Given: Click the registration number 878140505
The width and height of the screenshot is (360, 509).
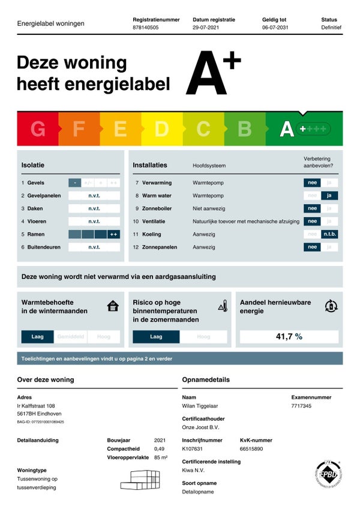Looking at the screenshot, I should tap(145, 28).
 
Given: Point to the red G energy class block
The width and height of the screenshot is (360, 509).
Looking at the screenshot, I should tap(38, 129).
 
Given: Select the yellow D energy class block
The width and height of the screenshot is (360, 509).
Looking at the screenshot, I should tap(162, 129).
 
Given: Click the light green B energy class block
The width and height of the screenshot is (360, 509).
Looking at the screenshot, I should tap(245, 129).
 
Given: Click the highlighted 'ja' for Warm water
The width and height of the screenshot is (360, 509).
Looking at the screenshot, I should tap(329, 196).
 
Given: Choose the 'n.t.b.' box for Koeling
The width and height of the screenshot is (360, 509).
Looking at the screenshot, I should tap(329, 234).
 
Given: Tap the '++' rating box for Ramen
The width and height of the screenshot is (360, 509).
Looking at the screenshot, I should tap(113, 234).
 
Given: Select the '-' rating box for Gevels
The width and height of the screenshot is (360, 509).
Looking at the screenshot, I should tap(74, 183).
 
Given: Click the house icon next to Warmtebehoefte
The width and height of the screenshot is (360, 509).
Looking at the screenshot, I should tap(113, 306).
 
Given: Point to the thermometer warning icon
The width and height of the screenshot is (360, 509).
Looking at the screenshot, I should tap(223, 306).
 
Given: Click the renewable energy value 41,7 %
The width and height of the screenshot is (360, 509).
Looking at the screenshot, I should tap(289, 337).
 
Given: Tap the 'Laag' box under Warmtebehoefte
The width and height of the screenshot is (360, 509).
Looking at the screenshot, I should tap(37, 337).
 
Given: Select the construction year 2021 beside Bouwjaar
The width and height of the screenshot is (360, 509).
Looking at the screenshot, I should tap(160, 440).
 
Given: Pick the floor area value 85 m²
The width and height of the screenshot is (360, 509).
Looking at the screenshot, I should tap(160, 457).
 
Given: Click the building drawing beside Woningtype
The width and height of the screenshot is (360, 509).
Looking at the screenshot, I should tap(140, 480).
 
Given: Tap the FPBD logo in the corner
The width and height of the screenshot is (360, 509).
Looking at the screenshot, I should tap(328, 474).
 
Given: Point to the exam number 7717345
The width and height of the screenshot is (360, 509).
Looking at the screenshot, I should tap(301, 406).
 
